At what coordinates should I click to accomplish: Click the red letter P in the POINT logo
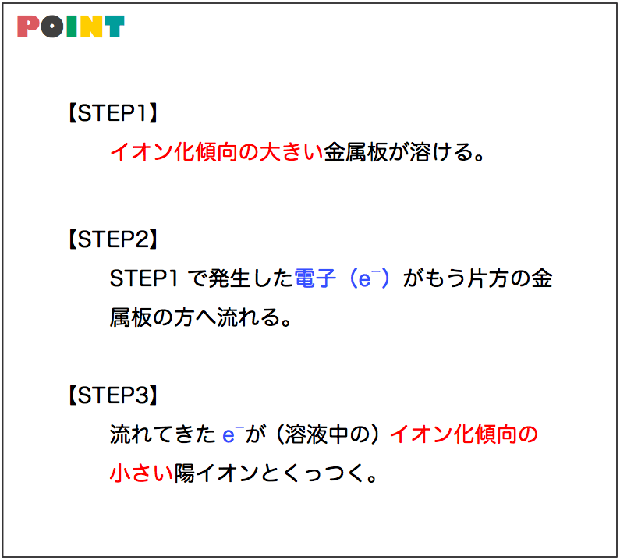tap(27, 27)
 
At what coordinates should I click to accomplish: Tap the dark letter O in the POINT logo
tap(51, 27)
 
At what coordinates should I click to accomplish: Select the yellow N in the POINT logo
tap(91, 27)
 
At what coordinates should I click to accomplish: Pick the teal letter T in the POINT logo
tap(115, 27)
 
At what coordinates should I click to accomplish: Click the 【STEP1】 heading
tap(113, 113)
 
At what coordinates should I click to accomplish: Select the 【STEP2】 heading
tap(113, 239)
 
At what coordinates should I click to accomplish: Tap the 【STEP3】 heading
tap(113, 395)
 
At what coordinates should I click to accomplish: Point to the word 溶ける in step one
tap(441, 152)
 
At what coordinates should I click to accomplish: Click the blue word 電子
tap(316, 278)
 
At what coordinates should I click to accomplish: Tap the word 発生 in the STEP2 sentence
tap(229, 278)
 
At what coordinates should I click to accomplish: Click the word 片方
tap(488, 278)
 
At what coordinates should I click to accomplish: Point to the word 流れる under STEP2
tap(249, 317)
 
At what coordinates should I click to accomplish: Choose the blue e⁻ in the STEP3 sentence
tap(233, 434)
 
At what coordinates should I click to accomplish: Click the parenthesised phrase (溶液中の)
tap(328, 434)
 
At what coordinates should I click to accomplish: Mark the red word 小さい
tap(142, 473)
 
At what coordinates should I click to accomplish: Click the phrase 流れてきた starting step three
tap(162, 434)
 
